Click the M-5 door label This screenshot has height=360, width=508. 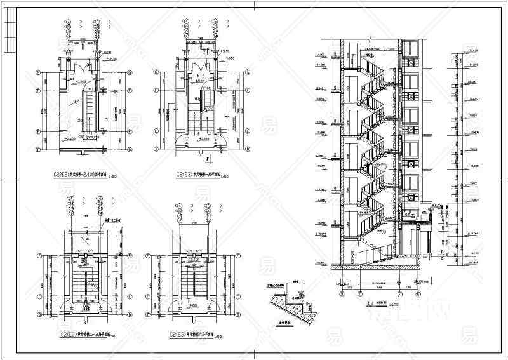[x=199, y=76]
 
